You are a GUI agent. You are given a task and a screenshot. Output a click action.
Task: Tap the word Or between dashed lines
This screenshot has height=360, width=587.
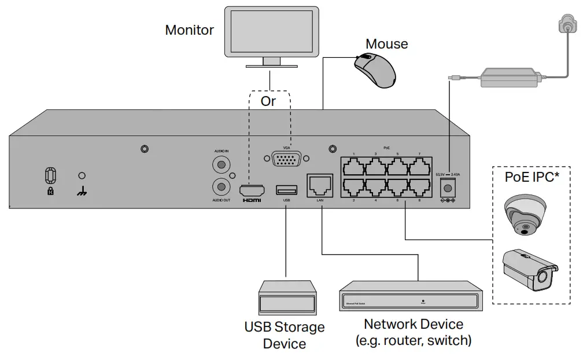268,101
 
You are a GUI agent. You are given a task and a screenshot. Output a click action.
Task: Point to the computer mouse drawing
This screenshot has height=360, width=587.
376,69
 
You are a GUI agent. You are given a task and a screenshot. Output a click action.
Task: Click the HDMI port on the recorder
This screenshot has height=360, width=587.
252,189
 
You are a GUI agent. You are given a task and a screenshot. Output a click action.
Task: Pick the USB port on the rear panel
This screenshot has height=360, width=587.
286,189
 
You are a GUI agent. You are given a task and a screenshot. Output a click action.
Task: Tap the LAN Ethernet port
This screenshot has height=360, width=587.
319,184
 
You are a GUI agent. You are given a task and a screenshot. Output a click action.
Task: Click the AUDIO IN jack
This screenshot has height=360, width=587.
221,165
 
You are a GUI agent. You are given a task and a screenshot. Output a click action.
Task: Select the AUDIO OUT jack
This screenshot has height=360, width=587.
221,186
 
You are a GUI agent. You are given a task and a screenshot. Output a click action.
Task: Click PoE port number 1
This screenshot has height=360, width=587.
354,167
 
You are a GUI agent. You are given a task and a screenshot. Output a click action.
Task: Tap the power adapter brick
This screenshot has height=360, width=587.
510,78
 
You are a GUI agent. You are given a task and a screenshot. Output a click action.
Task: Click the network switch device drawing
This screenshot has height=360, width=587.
411,295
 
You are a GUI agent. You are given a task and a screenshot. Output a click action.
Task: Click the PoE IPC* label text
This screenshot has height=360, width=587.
531,177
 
